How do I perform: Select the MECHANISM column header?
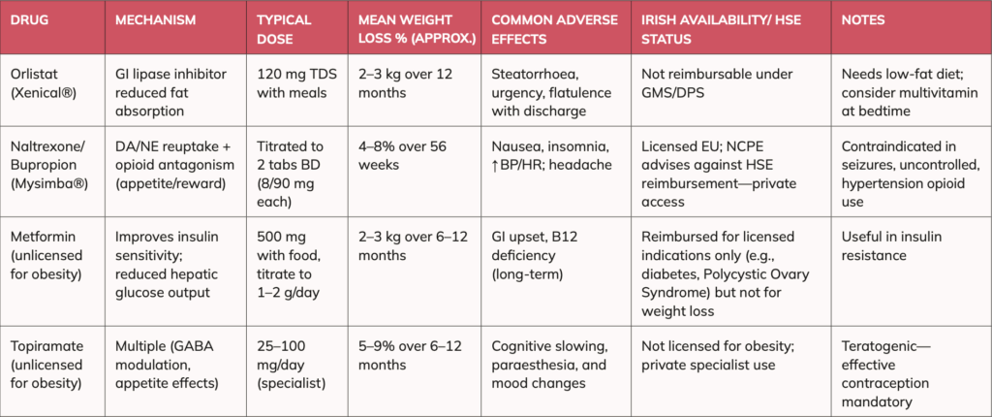tap(157, 20)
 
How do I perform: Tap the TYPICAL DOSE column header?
tap(284, 28)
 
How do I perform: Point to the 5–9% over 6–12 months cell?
tap(404, 354)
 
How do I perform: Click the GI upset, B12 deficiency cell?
tap(528, 256)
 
